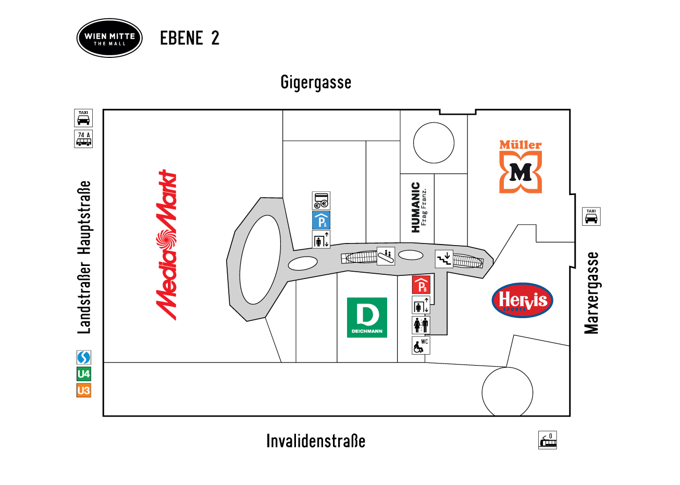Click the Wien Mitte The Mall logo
[x=109, y=38]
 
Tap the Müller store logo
[x=521, y=166]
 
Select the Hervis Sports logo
[x=522, y=300]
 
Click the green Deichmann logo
[x=367, y=318]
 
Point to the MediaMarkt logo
[x=166, y=245]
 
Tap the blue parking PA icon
[x=321, y=220]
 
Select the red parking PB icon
[x=421, y=285]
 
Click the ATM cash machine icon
[x=321, y=201]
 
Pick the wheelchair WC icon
[x=421, y=345]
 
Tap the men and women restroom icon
[x=421, y=325]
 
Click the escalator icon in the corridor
[x=386, y=256]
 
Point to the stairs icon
[x=444, y=259]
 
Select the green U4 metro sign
[x=84, y=374]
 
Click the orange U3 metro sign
[x=84, y=390]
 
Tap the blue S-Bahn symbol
[x=84, y=357]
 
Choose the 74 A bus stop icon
[x=83, y=139]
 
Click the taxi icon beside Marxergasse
[x=591, y=216]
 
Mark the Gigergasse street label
[x=316, y=82]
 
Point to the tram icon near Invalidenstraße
[x=548, y=440]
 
